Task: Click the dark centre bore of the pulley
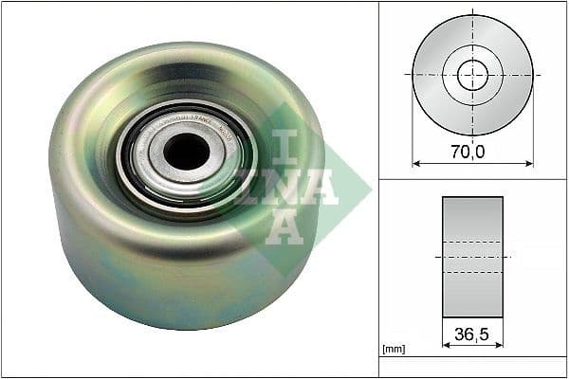click(187, 151)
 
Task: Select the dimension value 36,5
click(472, 333)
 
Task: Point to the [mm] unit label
click(393, 349)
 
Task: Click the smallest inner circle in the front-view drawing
click(472, 75)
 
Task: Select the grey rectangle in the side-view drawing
click(472, 218)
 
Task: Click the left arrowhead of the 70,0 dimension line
click(414, 163)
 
